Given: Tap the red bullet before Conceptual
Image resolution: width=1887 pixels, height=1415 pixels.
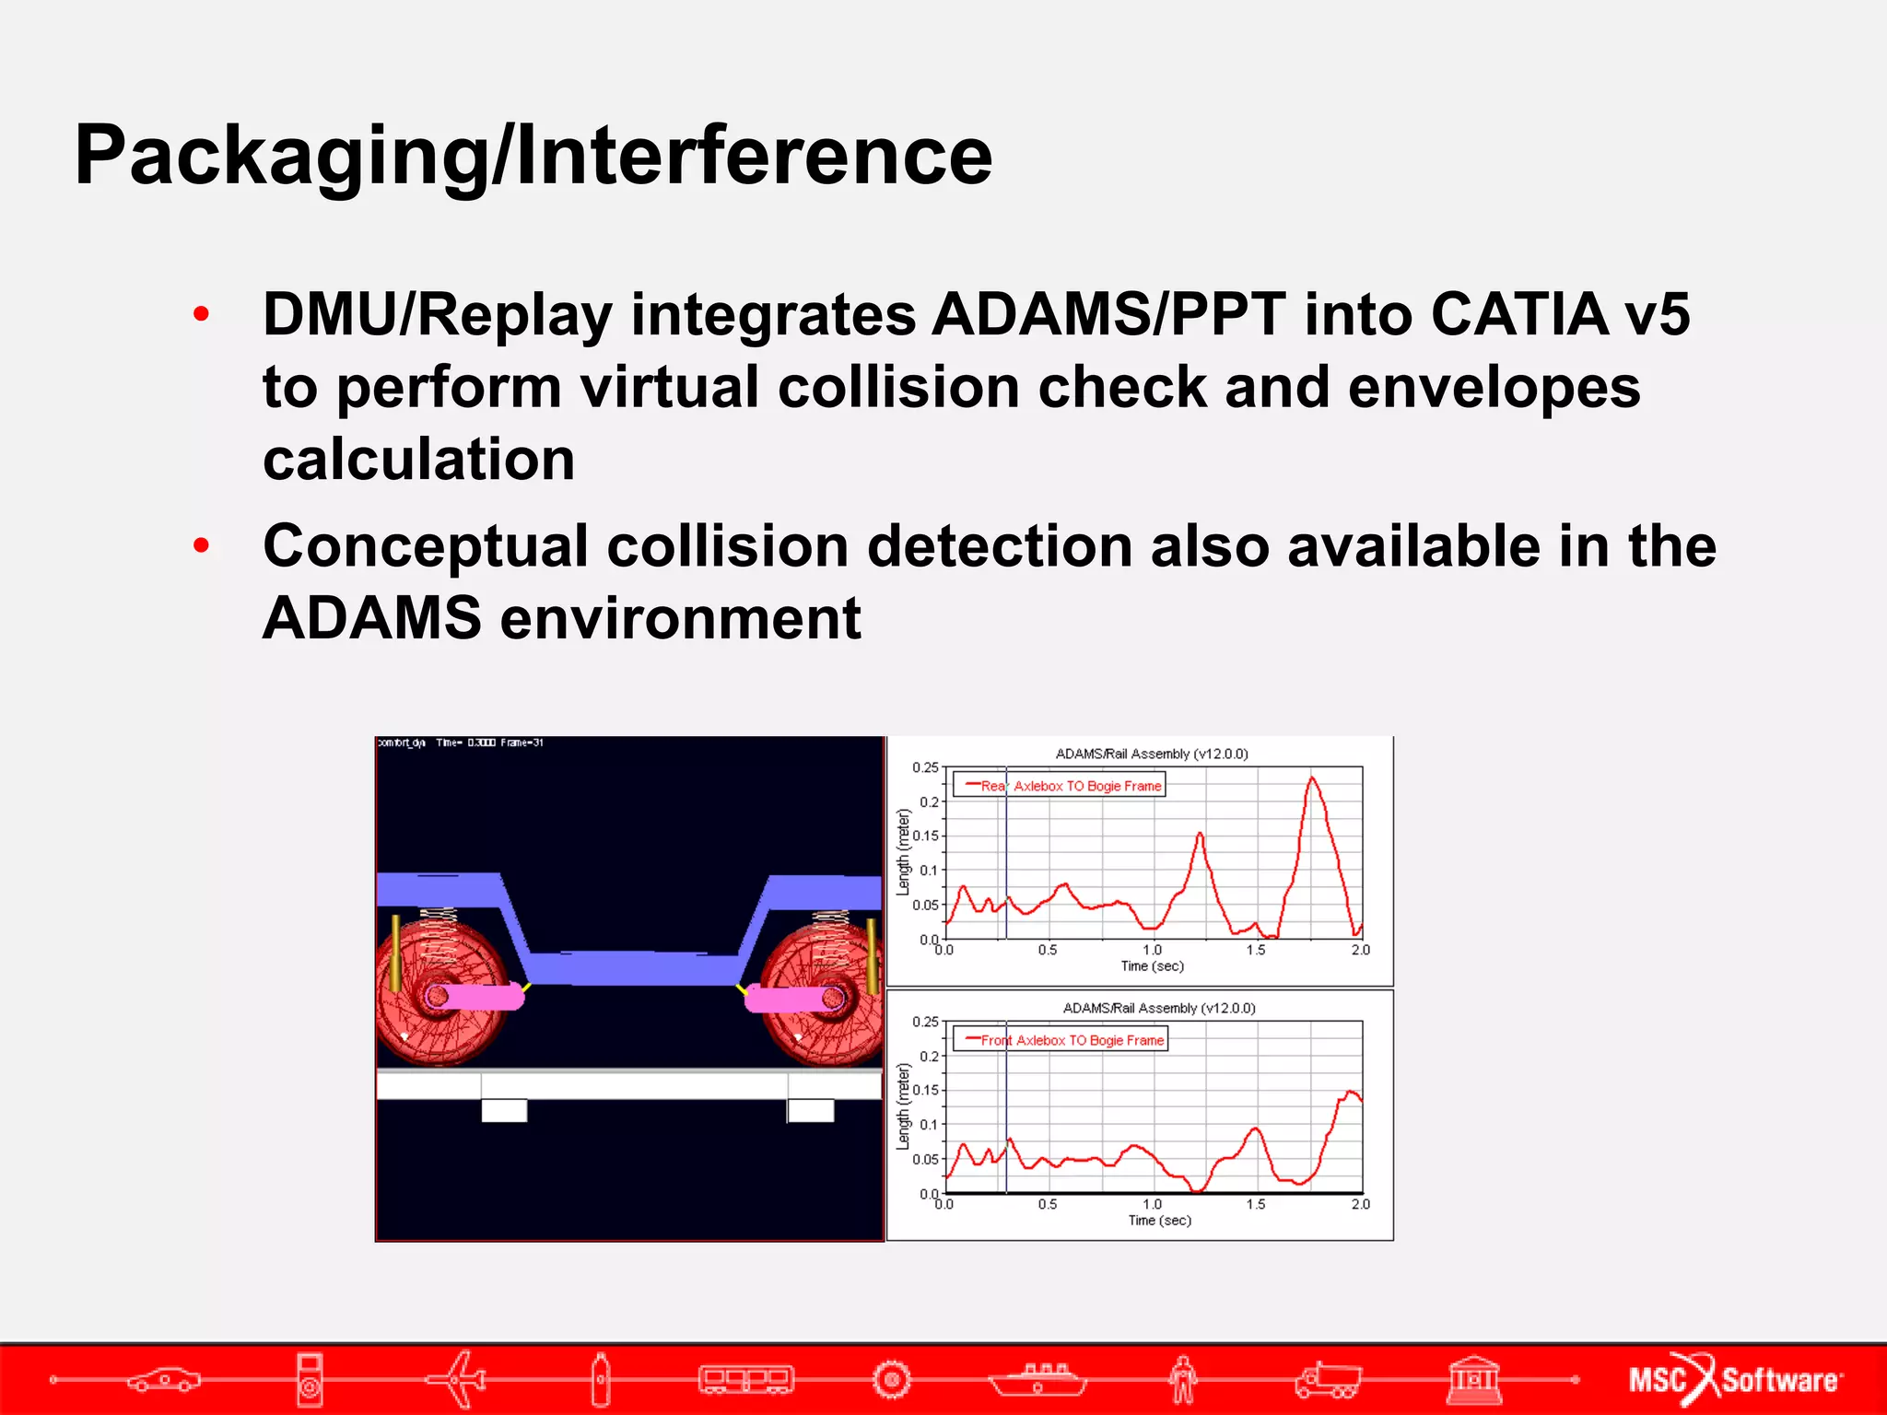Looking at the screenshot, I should click(x=202, y=546).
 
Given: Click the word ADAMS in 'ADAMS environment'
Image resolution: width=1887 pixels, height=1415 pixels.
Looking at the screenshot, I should click(x=371, y=618).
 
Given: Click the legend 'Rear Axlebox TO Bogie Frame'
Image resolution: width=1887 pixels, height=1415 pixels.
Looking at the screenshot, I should click(x=1060, y=786).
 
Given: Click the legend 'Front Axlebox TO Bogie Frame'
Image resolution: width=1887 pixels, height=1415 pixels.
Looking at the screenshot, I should click(x=1061, y=1040).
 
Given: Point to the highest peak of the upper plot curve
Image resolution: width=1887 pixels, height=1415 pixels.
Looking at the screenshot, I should click(x=1311, y=778).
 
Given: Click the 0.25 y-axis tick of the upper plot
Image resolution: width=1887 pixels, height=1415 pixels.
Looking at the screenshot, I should click(x=924, y=767).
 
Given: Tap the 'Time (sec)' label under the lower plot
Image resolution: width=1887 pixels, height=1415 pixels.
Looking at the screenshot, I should click(x=1159, y=1221).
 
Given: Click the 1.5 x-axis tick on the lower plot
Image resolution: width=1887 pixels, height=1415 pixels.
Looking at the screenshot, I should click(x=1256, y=1204).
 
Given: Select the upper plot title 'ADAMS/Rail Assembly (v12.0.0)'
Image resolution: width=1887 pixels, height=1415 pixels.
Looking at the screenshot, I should click(x=1152, y=754).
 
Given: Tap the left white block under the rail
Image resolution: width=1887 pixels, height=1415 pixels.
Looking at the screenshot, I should click(x=504, y=1110).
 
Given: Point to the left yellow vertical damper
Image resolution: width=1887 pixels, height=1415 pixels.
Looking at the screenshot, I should click(x=396, y=953).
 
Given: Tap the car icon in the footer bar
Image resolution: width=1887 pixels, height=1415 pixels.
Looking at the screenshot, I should click(x=164, y=1379).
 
